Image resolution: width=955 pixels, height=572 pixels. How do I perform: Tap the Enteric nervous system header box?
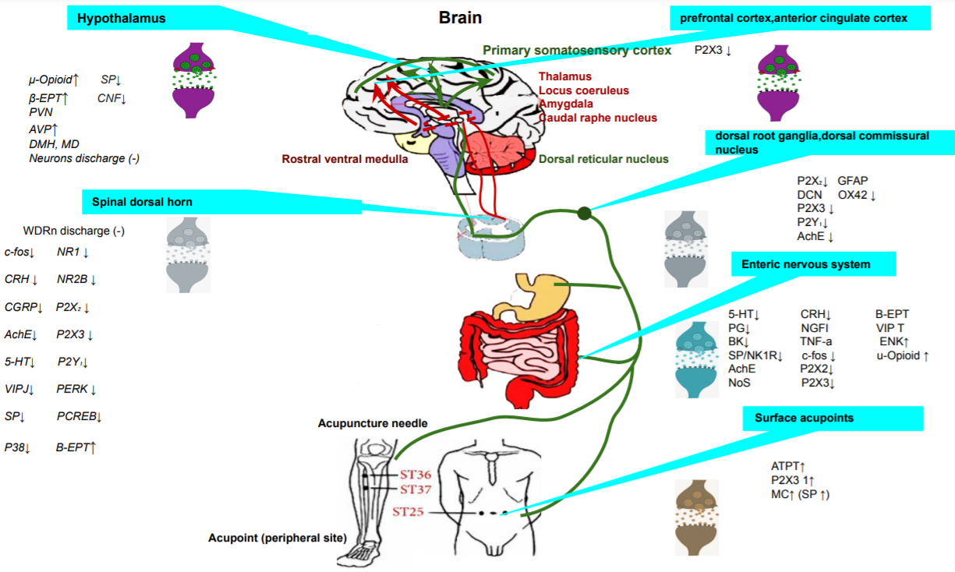point(813,264)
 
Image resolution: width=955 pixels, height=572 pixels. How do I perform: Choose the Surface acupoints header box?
point(833,418)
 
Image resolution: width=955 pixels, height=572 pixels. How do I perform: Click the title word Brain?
point(461,18)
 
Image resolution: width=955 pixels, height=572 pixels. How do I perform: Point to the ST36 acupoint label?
point(416,475)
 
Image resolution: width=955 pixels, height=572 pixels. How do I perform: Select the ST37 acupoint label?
point(416,489)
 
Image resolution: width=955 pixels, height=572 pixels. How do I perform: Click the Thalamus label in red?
point(565,76)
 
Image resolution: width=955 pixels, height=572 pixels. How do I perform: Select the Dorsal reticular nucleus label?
point(603,159)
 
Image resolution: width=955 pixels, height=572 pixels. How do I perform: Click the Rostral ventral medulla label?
point(345,159)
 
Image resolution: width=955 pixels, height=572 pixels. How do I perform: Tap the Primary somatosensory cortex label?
point(577,51)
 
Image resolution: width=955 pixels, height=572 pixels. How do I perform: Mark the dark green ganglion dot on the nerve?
point(584,212)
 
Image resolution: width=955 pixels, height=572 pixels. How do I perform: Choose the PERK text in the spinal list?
point(73,388)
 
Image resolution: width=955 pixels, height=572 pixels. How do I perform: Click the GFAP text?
point(853,180)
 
